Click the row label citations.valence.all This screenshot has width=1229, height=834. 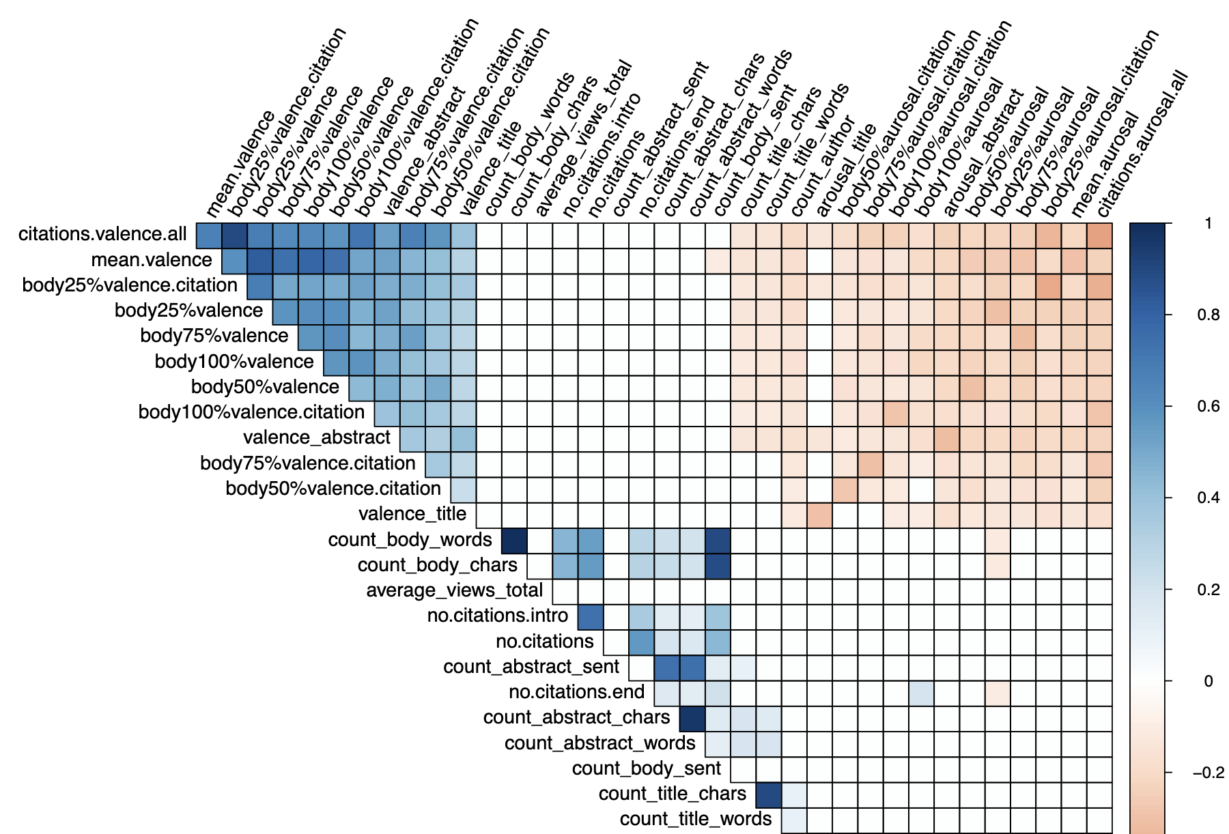102,234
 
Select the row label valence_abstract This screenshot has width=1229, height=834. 317,437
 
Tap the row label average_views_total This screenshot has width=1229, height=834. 455,590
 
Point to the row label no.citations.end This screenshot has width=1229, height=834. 577,692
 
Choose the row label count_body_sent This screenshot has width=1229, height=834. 647,768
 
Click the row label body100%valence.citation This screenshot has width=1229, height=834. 252,412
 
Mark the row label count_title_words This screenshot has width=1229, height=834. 696,819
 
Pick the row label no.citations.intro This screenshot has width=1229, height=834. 498,616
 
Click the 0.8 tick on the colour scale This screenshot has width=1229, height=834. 1208,315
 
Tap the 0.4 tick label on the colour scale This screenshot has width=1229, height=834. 1208,498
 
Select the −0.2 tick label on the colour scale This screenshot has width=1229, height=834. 1208,773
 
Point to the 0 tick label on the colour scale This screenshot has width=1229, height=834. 1208,681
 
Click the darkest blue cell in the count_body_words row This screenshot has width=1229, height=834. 514,541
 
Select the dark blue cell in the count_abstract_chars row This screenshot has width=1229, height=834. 692,719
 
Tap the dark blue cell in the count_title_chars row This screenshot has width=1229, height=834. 769,795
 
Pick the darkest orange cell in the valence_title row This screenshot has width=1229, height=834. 820,515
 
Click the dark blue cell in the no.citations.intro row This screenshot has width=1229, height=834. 591,617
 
